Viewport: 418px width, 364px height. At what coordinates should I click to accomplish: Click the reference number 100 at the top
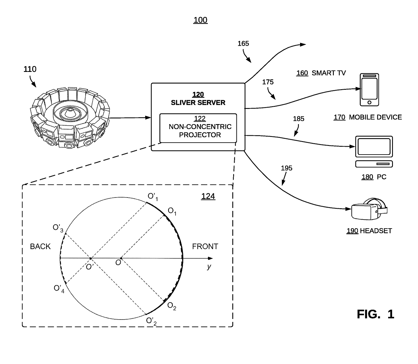200,20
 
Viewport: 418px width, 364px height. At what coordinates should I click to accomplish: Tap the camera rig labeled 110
70,118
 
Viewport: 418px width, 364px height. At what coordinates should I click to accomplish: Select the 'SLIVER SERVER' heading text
198,102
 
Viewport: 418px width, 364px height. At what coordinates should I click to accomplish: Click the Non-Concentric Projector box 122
198,128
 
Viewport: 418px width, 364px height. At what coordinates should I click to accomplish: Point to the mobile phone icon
369,90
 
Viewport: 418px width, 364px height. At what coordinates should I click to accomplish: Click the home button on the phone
369,102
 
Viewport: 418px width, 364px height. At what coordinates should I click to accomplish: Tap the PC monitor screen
374,146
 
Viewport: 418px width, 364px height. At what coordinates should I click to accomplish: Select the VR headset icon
369,209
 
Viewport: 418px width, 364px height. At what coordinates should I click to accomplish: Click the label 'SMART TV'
328,73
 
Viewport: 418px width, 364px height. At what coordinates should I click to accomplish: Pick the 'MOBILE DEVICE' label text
375,117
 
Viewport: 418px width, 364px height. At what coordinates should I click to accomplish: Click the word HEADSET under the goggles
376,231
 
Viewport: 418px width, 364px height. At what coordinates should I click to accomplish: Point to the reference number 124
208,196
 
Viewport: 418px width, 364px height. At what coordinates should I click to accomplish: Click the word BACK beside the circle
40,246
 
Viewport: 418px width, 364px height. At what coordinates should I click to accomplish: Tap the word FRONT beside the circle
205,246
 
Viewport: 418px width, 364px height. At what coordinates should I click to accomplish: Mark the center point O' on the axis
91,258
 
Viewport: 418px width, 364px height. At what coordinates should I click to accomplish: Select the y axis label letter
209,266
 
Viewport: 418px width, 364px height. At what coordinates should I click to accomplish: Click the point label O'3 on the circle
58,228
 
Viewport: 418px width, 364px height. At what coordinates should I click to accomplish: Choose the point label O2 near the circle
172,306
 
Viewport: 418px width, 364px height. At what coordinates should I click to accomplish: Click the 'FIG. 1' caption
376,314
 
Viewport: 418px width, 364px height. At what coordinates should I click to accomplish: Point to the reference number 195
286,168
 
